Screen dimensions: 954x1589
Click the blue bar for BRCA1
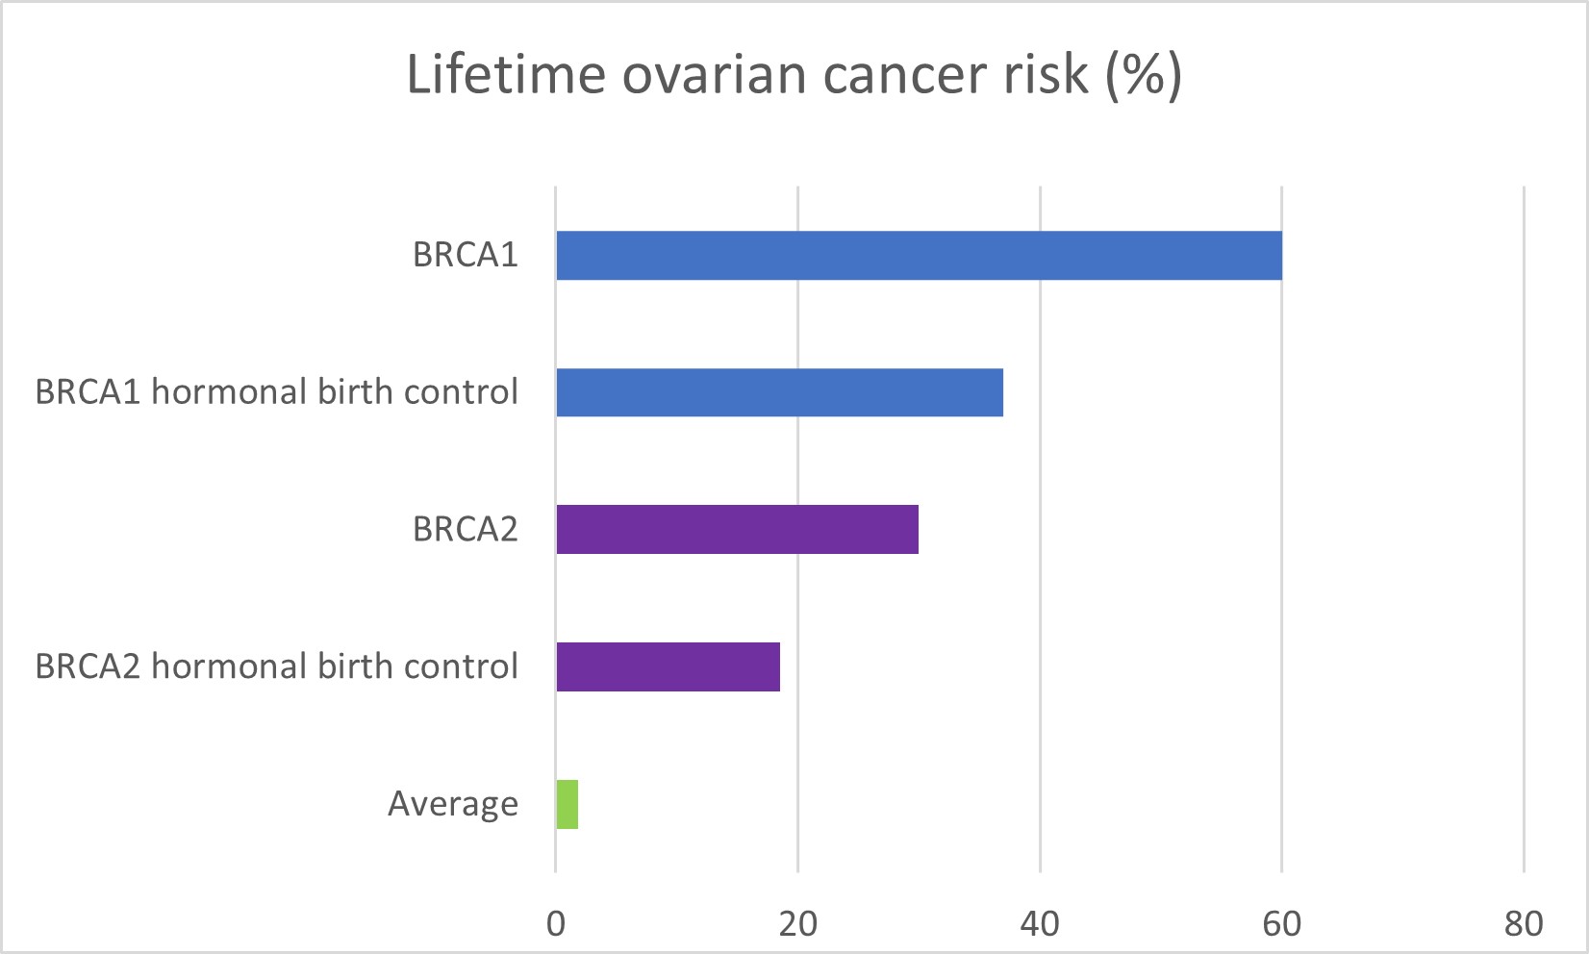point(919,256)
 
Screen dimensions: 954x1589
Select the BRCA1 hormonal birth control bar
point(779,392)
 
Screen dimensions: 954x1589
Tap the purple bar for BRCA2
point(737,529)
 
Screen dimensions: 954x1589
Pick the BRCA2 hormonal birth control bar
point(668,666)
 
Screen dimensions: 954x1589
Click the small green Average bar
point(567,804)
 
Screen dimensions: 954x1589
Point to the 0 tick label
point(556,923)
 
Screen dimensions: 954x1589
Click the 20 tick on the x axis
point(797,923)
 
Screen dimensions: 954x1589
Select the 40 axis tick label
point(1040,923)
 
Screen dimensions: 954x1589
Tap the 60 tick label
point(1281,923)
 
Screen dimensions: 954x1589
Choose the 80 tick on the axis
point(1524,923)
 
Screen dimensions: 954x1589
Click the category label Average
point(452,804)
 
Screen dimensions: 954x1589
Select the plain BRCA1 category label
point(465,256)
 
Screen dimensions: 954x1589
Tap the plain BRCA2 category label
point(465,530)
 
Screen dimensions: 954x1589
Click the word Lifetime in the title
point(506,74)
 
